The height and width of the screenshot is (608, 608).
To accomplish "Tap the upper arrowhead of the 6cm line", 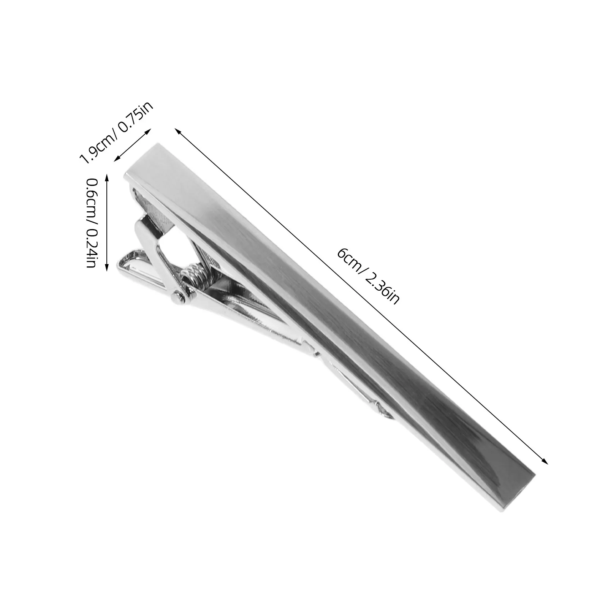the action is (x=177, y=131).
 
